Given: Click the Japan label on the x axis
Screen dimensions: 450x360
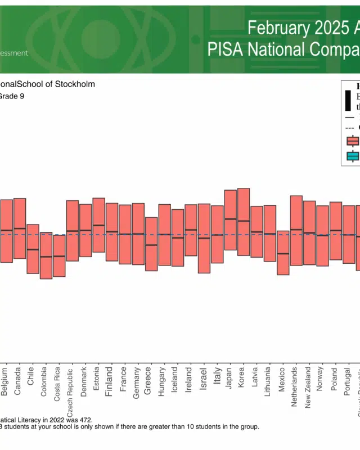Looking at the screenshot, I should (x=229, y=379).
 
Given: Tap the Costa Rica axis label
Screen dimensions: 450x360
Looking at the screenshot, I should (x=57, y=384).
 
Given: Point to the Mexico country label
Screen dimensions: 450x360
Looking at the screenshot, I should (x=282, y=381).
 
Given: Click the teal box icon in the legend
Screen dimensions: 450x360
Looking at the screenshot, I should (x=353, y=156).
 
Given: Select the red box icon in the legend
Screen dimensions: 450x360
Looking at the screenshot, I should (x=353, y=141).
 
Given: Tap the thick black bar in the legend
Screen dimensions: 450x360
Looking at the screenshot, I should (x=348, y=101).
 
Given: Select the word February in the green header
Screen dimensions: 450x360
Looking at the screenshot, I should (x=276, y=28).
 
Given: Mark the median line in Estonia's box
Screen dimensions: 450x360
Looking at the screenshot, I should (x=98, y=225).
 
